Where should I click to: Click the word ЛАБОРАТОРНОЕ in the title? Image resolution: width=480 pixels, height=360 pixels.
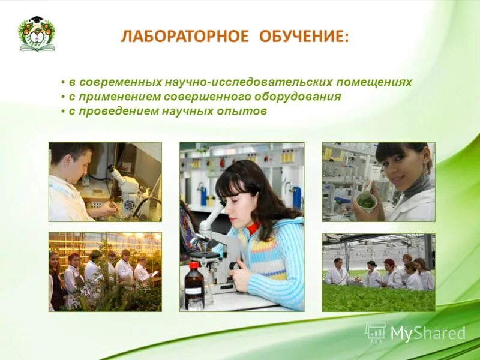point(184,37)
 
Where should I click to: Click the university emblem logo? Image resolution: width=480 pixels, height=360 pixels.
point(37,34)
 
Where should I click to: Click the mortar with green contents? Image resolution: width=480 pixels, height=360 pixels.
point(366,202)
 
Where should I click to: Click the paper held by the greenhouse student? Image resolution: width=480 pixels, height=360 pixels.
point(154,274)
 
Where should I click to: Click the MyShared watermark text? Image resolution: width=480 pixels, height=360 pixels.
point(428,334)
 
